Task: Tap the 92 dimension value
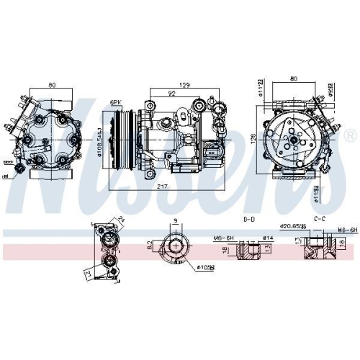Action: (171, 93)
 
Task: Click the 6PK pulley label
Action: (114, 103)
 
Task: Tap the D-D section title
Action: (248, 217)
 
